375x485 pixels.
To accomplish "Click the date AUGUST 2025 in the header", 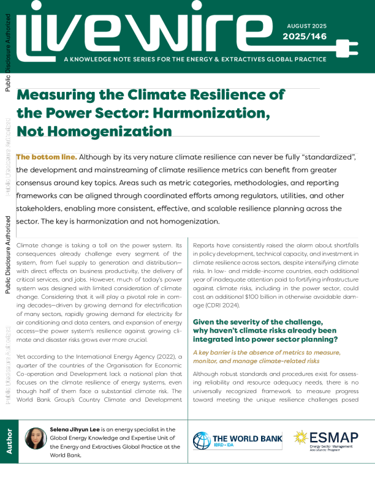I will [306, 26].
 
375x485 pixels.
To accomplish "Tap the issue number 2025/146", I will [305, 37].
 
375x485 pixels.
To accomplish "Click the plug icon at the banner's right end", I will [346, 48].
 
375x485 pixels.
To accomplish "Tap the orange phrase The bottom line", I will [47, 157].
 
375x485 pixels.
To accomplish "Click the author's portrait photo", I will [36, 438].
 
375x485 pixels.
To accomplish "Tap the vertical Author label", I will [9, 441].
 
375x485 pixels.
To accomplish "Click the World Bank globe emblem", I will [202, 441].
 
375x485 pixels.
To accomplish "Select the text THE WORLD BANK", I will [247, 438].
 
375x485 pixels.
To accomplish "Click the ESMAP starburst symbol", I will [300, 437].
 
